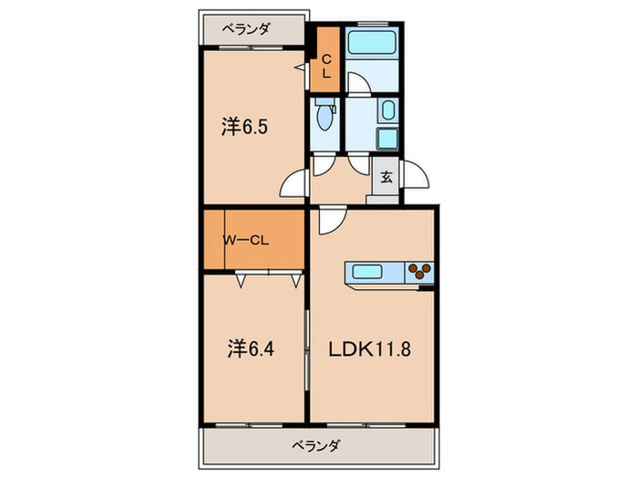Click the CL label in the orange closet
pos(325,67)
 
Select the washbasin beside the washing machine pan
pos(386,113)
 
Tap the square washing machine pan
pos(386,141)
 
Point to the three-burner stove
pos(420,272)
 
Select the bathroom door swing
pos(359,84)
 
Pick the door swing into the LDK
pos(330,219)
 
